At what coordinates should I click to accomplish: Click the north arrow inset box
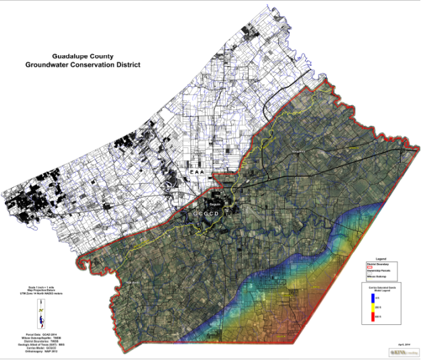(x=40, y=312)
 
